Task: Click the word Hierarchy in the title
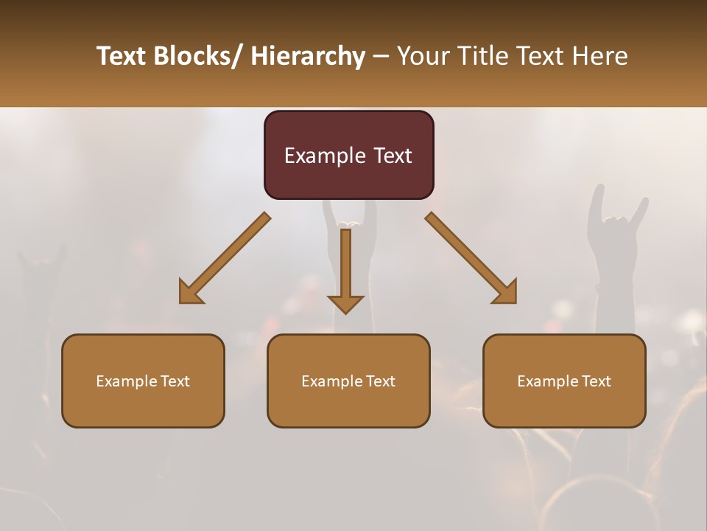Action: point(308,56)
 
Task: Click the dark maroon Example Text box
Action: point(348,155)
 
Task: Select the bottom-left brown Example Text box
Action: point(143,381)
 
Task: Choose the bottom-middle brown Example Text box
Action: point(348,381)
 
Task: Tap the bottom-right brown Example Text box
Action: point(564,381)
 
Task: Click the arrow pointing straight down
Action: point(345,265)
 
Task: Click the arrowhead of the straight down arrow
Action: point(345,304)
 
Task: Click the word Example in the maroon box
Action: point(318,156)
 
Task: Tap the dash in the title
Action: point(381,56)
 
